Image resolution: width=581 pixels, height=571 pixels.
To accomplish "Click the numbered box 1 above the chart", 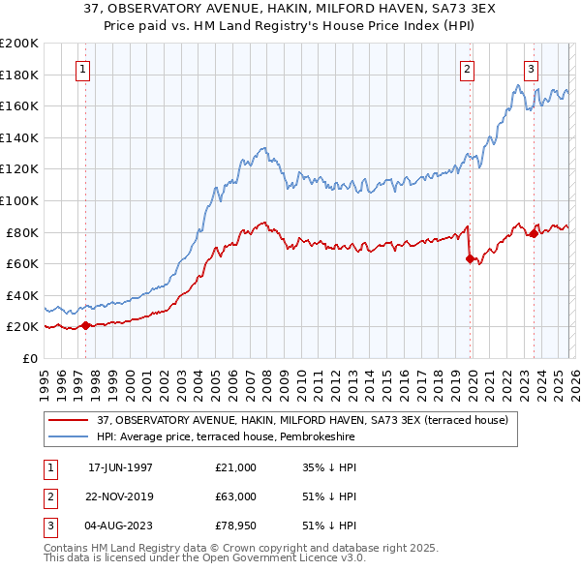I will coord(83,69).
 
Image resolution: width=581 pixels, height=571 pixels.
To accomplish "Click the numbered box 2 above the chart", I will coord(468,69).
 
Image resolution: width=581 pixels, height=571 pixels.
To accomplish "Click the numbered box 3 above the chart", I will coord(532,69).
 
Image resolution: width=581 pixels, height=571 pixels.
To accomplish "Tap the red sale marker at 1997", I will coord(85,325).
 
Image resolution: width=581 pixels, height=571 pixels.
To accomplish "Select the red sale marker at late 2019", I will coord(471,258).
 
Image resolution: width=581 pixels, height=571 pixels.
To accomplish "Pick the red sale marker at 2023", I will coord(534,233).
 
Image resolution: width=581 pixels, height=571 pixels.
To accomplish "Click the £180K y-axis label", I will coord(19,75).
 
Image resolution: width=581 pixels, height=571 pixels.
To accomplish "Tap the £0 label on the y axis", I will coord(28,358).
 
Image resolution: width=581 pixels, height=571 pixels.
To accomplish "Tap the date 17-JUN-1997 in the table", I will coord(120,467).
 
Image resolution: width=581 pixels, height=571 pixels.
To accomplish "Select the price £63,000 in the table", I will coord(236,497).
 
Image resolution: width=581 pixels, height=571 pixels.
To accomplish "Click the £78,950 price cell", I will coord(236,527).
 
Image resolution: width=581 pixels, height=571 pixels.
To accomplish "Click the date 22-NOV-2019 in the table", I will coord(120,497).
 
